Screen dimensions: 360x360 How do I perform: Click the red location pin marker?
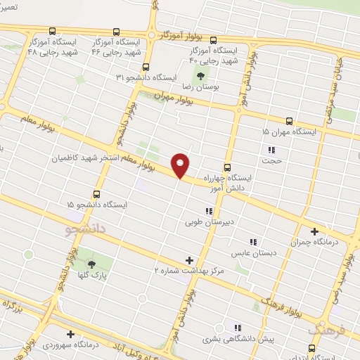181,165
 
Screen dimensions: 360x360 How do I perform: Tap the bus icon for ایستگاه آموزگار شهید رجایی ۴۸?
53,31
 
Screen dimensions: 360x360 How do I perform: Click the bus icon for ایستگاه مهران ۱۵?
289,121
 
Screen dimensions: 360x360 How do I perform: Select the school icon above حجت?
271,150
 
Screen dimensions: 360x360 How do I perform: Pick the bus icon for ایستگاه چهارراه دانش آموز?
227,167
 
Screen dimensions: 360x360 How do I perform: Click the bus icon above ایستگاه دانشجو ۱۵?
96,194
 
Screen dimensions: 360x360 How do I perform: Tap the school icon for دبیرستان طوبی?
208,211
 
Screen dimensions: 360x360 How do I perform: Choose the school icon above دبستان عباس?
253,241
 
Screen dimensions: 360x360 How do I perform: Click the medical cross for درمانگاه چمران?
314,231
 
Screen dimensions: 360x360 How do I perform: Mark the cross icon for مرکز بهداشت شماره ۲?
189,260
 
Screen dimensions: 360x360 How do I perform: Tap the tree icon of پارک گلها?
91,264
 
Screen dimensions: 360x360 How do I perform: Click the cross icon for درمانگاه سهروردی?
70,335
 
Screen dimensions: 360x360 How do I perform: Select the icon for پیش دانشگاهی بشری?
238,328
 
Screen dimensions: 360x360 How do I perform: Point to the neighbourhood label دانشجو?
85,229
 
